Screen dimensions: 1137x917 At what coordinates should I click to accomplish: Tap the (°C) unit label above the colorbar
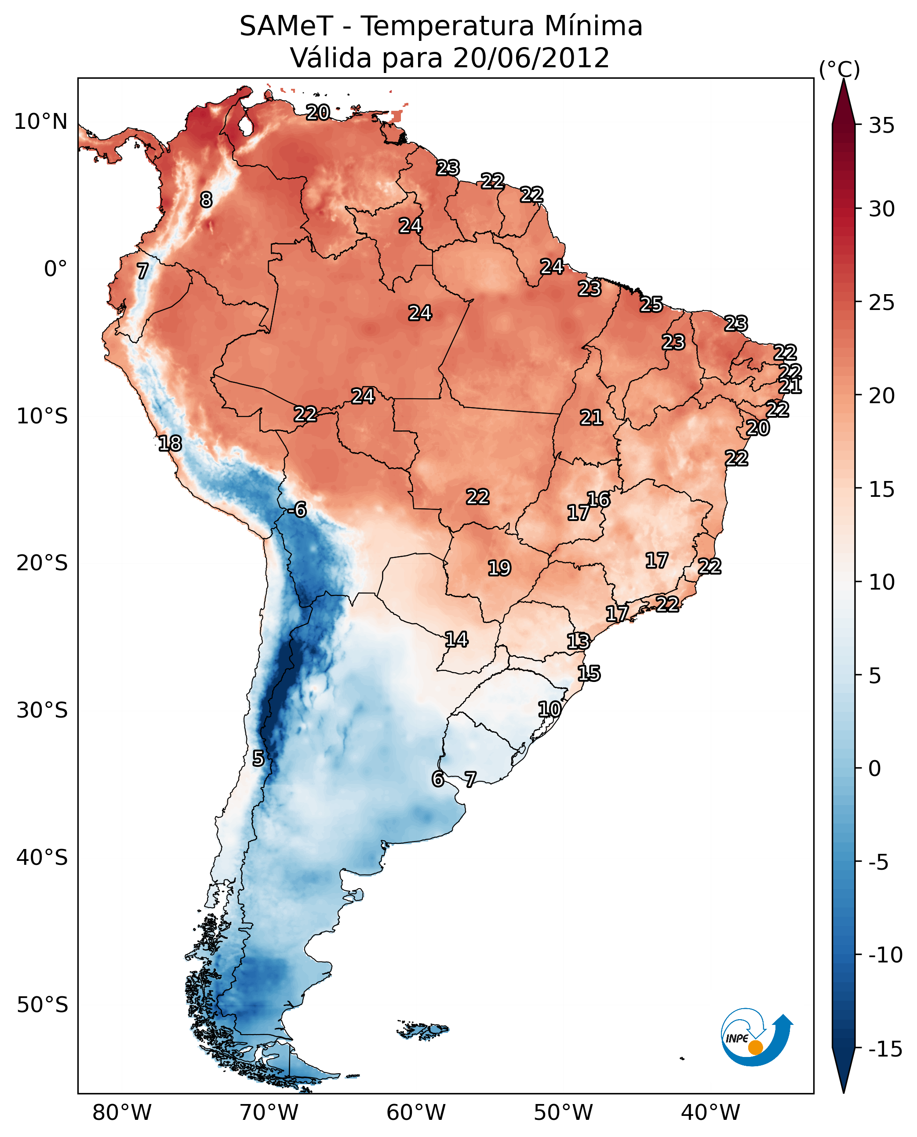point(839,69)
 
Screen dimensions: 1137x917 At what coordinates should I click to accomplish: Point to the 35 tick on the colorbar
point(881,126)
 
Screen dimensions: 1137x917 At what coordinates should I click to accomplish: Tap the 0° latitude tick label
point(55,269)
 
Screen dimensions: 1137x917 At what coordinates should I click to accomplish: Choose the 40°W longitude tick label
point(710,1112)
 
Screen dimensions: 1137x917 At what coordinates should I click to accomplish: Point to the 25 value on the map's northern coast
point(651,305)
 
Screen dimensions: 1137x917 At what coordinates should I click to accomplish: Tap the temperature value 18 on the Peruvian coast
point(170,443)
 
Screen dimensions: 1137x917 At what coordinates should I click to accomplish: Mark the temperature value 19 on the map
point(499,568)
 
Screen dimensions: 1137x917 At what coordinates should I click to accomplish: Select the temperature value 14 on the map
point(456,640)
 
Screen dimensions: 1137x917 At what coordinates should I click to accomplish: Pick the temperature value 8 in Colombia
point(206,200)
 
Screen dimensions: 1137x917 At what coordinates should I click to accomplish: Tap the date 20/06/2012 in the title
point(531,58)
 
